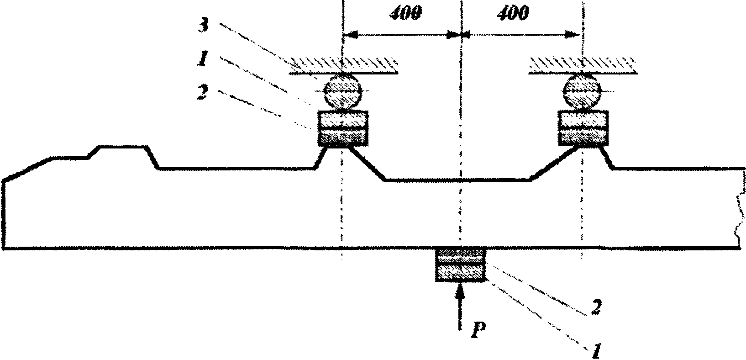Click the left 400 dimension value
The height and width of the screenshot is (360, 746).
click(x=405, y=13)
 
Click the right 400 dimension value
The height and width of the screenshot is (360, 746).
click(x=513, y=13)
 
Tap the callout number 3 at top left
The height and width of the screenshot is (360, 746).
click(x=204, y=26)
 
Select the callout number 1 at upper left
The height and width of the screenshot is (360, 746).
click(x=204, y=58)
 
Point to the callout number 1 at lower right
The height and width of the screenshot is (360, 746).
click(x=597, y=351)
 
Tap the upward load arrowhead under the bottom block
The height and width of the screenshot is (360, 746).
click(x=460, y=291)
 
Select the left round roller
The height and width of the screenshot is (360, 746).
click(x=343, y=90)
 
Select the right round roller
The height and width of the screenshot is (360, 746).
click(x=582, y=90)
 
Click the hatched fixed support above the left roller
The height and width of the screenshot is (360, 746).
click(x=343, y=65)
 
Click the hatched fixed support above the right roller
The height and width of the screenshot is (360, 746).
click(x=583, y=65)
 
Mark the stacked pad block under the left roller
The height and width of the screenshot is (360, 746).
click(x=343, y=128)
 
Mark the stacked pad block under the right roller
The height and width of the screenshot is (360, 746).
click(x=583, y=128)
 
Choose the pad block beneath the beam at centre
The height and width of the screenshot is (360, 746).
click(x=460, y=265)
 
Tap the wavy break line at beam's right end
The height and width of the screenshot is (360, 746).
click(x=741, y=209)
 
